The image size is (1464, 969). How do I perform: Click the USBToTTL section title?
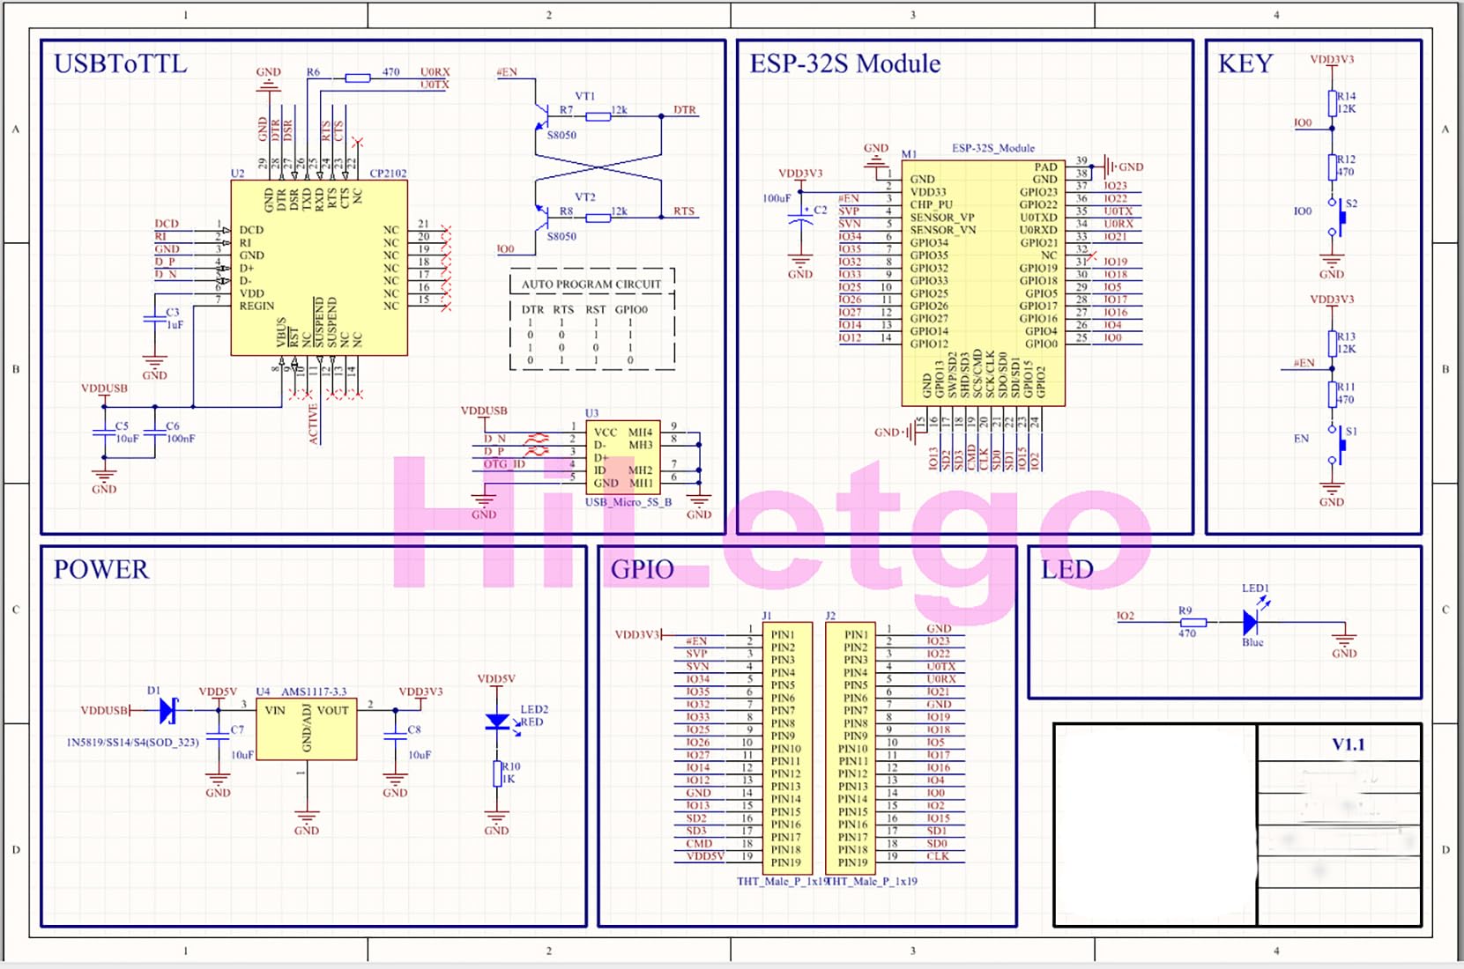(121, 64)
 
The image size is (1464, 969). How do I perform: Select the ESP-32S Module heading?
(844, 64)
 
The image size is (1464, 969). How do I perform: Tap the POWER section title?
(101, 570)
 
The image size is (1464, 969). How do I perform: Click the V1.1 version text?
(1348, 745)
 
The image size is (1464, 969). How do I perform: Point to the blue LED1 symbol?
(1251, 623)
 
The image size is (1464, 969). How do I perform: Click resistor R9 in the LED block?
(1193, 623)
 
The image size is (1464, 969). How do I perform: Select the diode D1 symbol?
(168, 710)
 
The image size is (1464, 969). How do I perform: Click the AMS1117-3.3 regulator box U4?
(306, 729)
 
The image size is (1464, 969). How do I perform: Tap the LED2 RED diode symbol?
(497, 721)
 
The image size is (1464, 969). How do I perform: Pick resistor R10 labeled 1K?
(497, 773)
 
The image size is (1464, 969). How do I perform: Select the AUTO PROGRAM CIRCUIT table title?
(591, 285)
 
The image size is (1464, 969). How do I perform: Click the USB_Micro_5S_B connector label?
(628, 502)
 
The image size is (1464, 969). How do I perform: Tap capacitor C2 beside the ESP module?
(800, 219)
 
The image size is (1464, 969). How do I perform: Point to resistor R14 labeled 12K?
(1332, 102)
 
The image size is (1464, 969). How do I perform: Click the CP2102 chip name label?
(388, 174)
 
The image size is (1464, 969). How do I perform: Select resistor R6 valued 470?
(357, 78)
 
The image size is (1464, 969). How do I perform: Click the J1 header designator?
(767, 616)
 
